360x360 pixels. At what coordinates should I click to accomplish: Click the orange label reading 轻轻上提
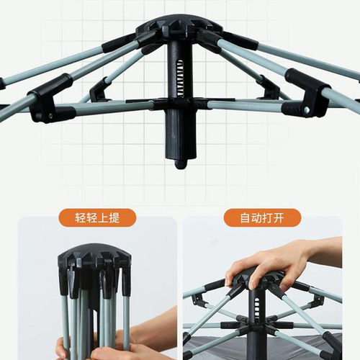click(x=97, y=217)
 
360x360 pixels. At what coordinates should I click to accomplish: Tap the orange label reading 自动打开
click(x=262, y=217)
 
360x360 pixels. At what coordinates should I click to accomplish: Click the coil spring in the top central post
click(x=180, y=78)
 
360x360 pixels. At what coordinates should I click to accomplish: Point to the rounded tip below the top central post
click(x=181, y=164)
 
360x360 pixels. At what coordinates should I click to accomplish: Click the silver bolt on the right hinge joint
click(x=307, y=110)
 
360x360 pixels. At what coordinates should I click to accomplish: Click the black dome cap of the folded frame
click(x=94, y=255)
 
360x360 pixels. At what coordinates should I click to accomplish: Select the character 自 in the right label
click(x=246, y=218)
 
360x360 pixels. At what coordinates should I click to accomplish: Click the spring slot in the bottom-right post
click(x=257, y=309)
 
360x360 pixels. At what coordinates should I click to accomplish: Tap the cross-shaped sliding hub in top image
click(x=181, y=104)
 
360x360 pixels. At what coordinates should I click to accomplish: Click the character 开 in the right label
click(x=279, y=218)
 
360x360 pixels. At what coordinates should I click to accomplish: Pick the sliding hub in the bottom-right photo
click(x=257, y=325)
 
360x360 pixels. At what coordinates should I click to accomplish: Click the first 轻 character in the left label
click(x=81, y=218)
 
